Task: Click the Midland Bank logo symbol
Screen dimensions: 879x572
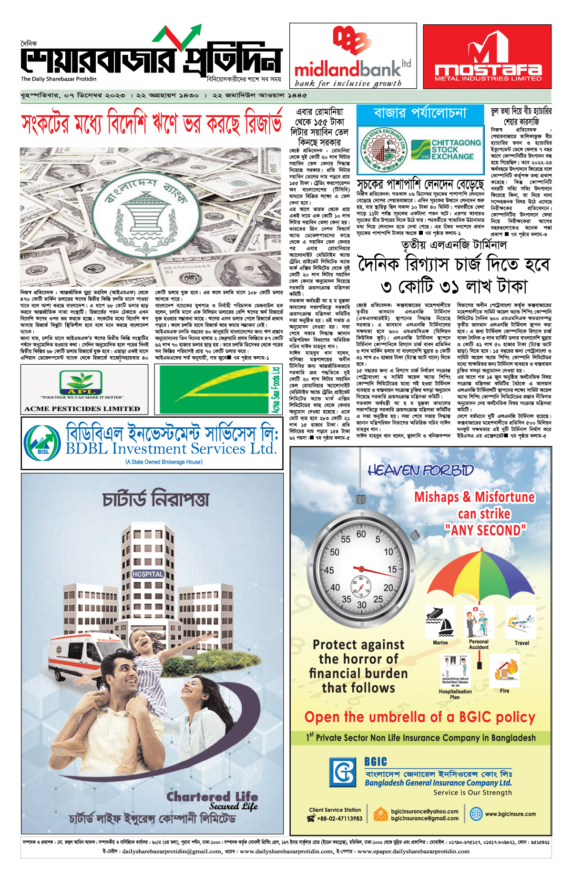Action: click(x=352, y=41)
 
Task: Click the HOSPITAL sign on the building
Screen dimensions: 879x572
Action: click(x=148, y=574)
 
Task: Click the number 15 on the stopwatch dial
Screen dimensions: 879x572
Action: click(x=392, y=569)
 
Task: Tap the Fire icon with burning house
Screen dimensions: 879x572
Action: click(x=504, y=670)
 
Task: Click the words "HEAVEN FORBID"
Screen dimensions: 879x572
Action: click(x=420, y=471)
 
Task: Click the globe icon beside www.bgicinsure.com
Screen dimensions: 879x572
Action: click(x=476, y=814)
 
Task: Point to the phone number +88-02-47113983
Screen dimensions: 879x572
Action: click(x=339, y=818)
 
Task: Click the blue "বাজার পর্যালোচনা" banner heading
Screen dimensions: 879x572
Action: click(x=420, y=114)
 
